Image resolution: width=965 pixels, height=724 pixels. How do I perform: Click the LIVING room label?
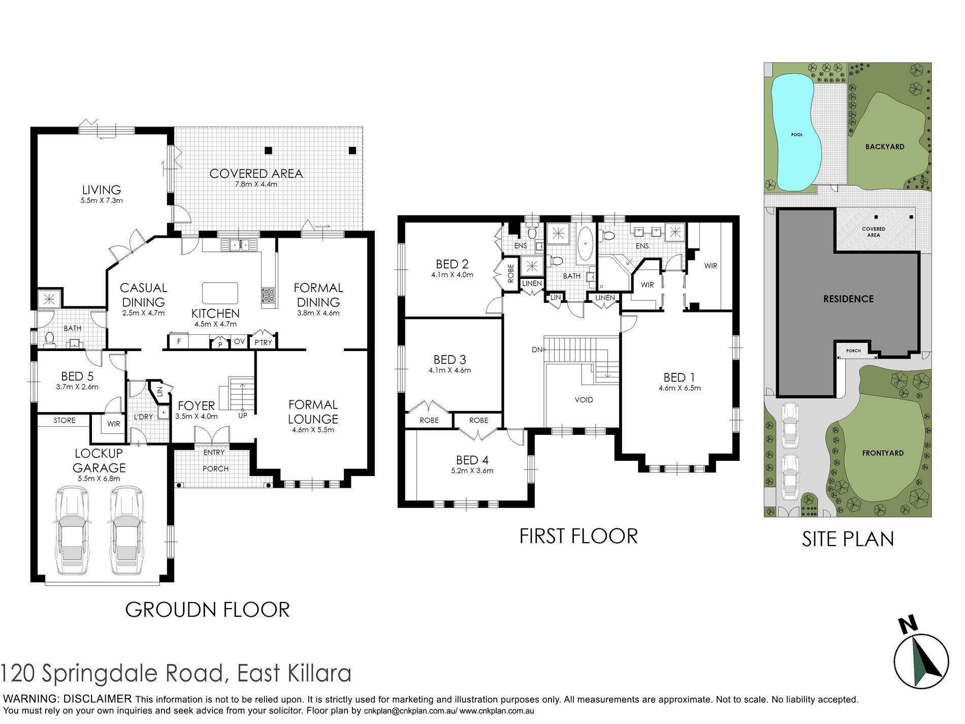pos(102,190)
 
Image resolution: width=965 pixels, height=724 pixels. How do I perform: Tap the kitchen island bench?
pos(220,293)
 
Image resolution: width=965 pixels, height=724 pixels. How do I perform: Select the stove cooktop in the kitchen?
pos(269,295)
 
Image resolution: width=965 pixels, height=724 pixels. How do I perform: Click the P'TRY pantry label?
pos(263,342)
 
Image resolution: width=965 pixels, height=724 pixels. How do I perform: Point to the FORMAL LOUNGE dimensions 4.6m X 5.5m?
pos(313,430)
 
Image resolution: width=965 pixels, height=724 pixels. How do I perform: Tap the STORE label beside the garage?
pos(65,420)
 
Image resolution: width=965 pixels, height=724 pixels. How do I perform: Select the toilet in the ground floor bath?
pos(50,339)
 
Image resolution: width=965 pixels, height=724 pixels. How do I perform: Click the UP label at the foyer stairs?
pos(243,416)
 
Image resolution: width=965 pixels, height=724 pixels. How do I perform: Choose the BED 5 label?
pos(77,376)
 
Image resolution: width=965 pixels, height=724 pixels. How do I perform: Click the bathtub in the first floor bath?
pos(586,244)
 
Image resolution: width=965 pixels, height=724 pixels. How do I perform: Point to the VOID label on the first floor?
pos(584,400)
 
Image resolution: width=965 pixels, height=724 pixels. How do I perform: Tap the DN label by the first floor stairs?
pos(537,350)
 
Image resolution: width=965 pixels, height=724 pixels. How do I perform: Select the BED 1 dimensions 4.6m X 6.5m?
pos(680,388)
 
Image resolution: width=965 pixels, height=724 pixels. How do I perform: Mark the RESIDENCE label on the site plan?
pos(848,299)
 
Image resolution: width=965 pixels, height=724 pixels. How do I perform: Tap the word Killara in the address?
pos(319,673)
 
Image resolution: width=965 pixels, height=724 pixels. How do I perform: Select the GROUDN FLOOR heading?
pos(207,610)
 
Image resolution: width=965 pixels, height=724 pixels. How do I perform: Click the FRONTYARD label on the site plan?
pos(883,453)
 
